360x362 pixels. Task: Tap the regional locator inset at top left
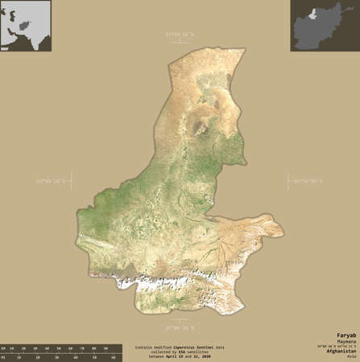click(25, 26)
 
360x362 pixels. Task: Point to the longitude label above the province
click(180, 35)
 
